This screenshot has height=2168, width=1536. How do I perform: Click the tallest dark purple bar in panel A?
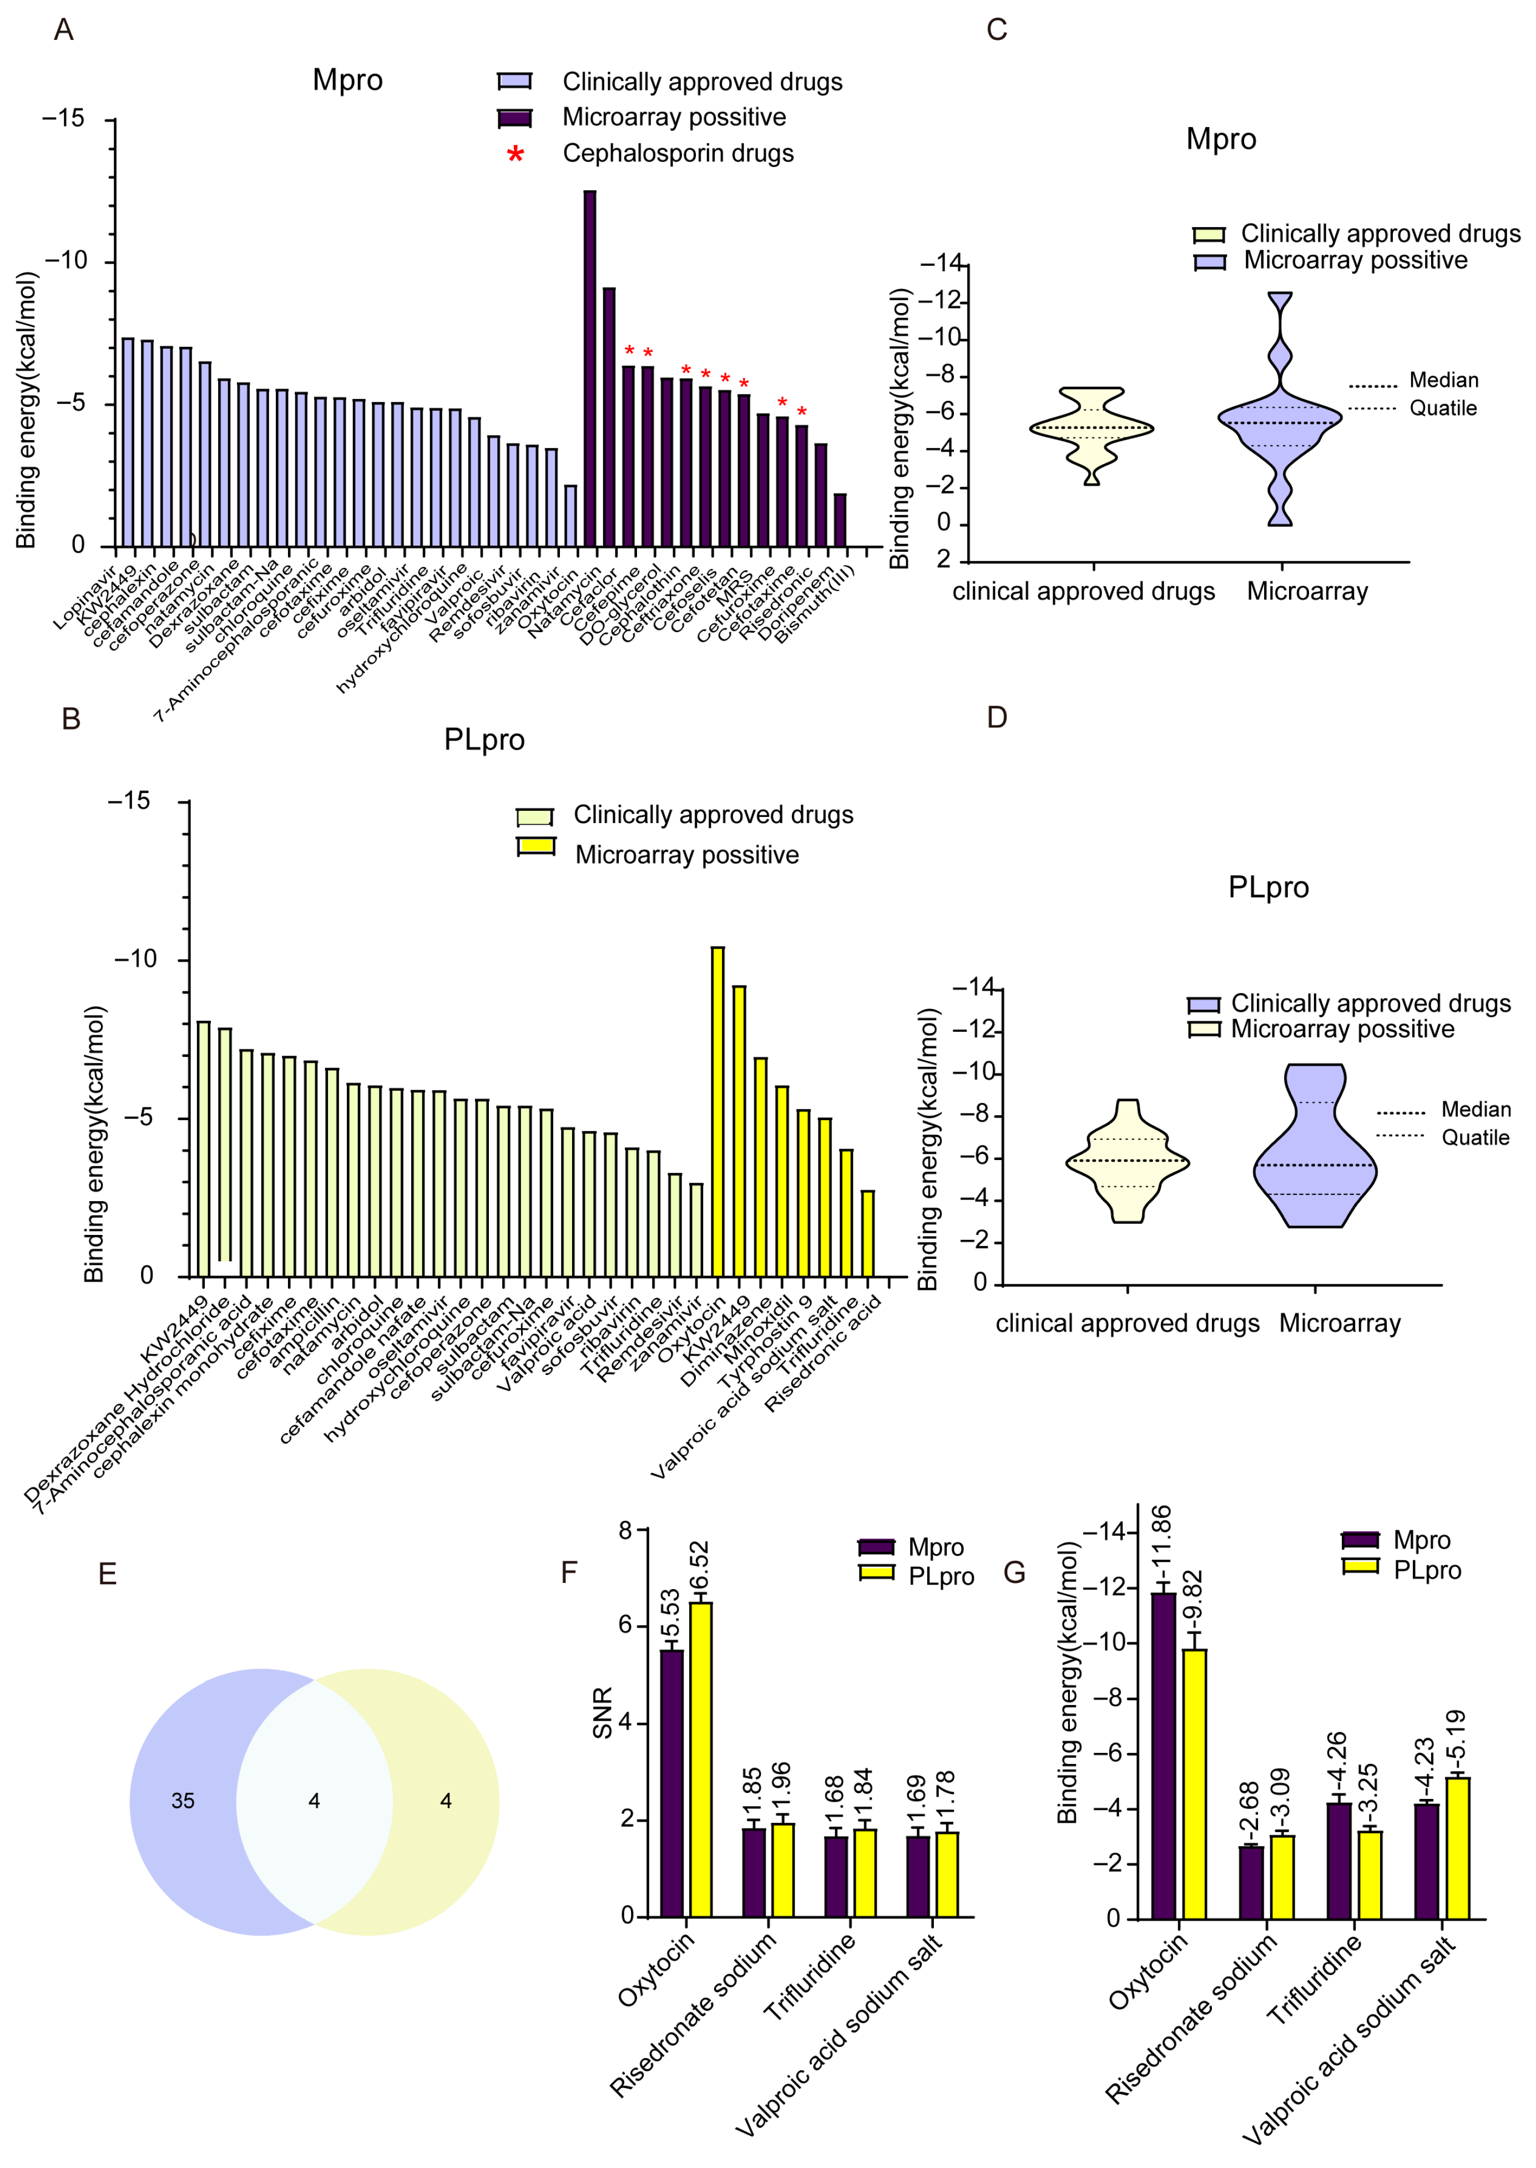(589, 369)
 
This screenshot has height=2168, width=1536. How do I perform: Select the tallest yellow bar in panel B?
(718, 1111)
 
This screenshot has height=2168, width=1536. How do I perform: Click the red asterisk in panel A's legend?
(516, 154)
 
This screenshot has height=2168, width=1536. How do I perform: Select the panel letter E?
(108, 1574)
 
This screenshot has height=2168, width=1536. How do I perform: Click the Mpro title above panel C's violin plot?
(1221, 140)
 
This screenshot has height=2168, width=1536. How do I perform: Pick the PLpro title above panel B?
(484, 740)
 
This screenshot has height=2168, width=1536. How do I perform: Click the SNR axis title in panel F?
(603, 1712)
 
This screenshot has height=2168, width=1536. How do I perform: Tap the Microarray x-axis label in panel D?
(1339, 1323)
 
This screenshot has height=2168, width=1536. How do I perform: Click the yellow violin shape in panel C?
(1092, 430)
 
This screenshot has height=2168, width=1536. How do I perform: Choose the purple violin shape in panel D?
(1315, 1149)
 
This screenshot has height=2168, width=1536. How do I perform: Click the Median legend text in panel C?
(1443, 380)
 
